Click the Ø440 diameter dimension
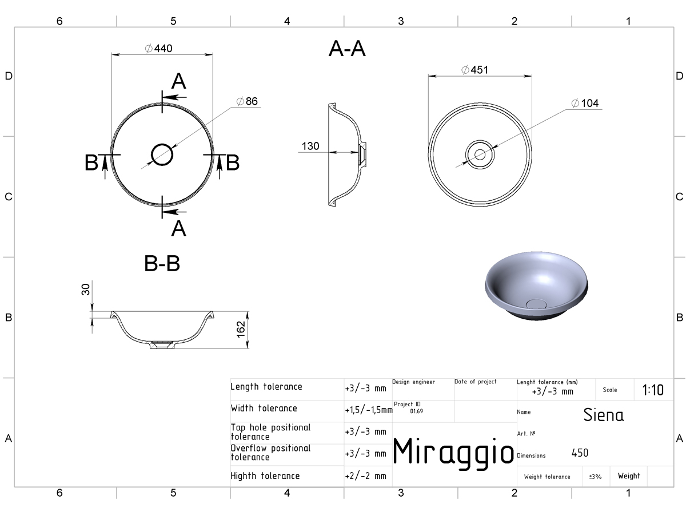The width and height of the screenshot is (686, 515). [x=158, y=49]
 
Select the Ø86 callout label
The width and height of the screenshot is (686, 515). [x=247, y=101]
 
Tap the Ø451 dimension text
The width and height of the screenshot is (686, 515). [x=474, y=70]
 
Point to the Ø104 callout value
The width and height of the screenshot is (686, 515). [x=584, y=103]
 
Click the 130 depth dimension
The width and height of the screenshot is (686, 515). [x=310, y=146]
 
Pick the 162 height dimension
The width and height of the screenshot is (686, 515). [x=241, y=329]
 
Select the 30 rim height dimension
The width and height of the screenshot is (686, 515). [x=86, y=289]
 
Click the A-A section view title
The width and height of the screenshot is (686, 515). [x=347, y=49]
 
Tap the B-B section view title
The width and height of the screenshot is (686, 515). [x=162, y=263]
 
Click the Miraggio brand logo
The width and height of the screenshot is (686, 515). [x=453, y=452]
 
